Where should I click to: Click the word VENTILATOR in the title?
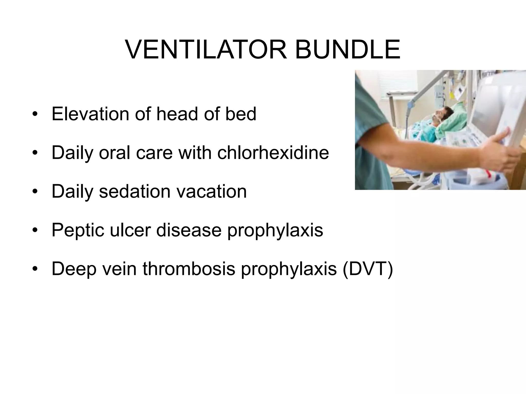coord(206,50)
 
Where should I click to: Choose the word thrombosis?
coord(189,269)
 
